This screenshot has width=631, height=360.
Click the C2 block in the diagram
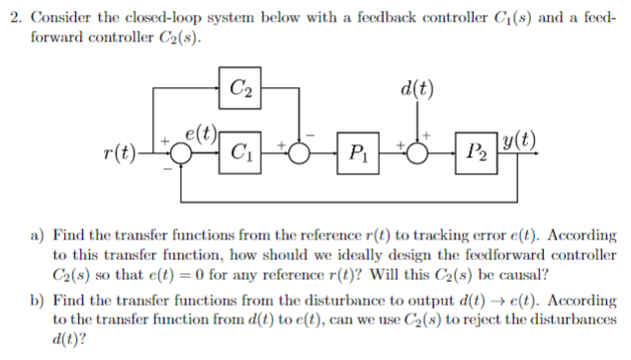(239, 88)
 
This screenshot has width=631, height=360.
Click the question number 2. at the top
(11, 11)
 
